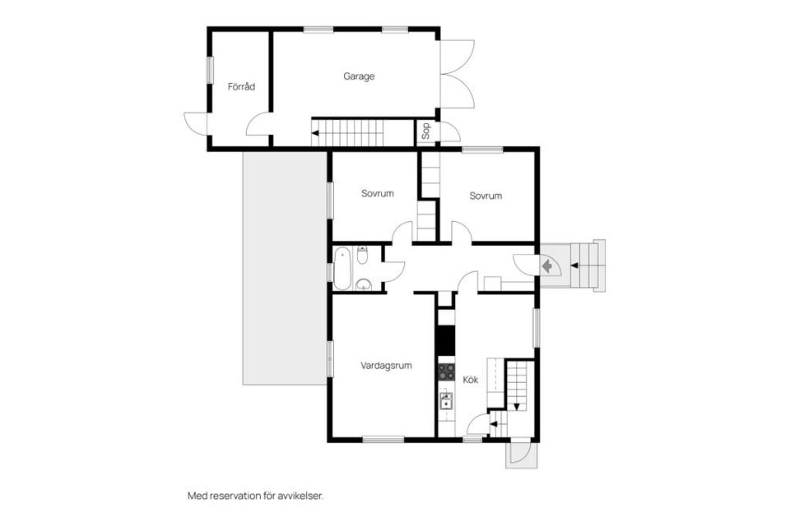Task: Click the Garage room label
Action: pos(359,76)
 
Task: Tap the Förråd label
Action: pos(239,85)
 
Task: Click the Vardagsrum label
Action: pos(386,365)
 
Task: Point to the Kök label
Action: pos(471,380)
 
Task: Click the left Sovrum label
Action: pos(378,194)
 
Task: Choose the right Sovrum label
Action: pos(486,196)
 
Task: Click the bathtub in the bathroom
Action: pos(342,268)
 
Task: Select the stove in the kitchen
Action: pos(445,371)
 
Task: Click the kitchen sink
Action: pos(445,401)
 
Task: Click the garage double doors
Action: pos(457,75)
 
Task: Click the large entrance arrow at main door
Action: pos(546,265)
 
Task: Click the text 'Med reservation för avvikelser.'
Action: pos(255,496)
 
